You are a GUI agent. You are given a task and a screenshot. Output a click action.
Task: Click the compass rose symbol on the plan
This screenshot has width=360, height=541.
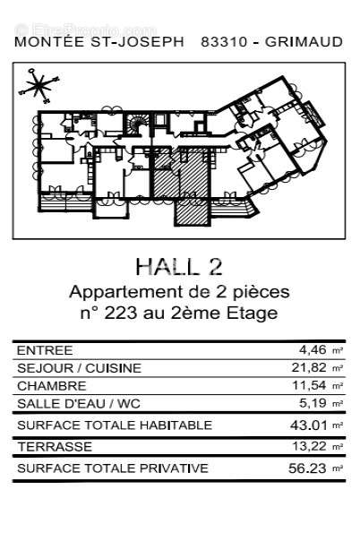coord(37,85)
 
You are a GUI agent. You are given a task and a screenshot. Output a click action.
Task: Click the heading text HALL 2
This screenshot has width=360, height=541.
coord(179,266)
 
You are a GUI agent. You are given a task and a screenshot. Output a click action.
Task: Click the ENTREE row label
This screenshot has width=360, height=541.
coord(45,350)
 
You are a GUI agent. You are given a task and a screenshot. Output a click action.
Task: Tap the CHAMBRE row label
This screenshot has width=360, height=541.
coord(52,386)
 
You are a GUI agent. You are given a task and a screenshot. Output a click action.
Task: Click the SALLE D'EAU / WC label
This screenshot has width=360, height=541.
coord(74,404)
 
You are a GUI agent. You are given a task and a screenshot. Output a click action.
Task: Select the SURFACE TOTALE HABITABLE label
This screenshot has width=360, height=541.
coord(114,425)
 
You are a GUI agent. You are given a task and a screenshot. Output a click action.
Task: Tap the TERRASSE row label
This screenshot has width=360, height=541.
coord(53,446)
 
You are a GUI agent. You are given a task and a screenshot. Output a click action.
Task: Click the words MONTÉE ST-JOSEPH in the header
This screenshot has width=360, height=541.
coord(99,41)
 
